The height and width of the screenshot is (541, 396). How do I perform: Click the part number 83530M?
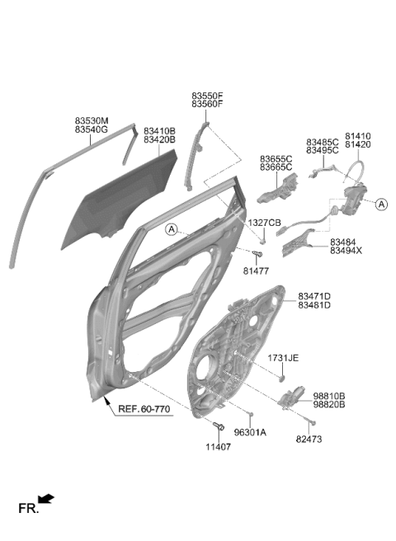[x=92, y=120]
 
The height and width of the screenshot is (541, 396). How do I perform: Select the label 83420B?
[x=159, y=139]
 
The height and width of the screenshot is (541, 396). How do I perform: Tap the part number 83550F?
[x=208, y=95]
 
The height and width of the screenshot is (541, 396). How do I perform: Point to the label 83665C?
[x=276, y=167]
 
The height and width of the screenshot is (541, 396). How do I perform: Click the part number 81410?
[x=358, y=136]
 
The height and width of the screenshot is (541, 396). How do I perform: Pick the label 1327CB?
[x=265, y=223]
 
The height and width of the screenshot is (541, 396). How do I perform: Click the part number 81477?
[x=256, y=271]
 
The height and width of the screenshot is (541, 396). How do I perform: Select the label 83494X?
[x=346, y=251]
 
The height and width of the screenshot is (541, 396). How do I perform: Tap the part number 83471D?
[x=314, y=296]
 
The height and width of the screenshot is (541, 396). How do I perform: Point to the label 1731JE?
[x=283, y=358]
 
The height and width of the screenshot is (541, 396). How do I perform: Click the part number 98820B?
[x=329, y=404]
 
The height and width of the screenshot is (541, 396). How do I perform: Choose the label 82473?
[x=309, y=440]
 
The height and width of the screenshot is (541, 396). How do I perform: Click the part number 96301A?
[x=250, y=432]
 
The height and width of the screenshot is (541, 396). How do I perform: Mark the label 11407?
[x=218, y=447]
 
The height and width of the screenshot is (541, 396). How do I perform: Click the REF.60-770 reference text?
[x=144, y=409]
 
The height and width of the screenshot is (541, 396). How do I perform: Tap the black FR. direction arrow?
[x=45, y=499]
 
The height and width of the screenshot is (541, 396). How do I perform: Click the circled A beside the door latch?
[x=381, y=205]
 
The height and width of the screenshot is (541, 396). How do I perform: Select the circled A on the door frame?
[x=172, y=229]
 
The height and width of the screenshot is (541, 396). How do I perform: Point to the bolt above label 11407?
[x=218, y=426]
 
